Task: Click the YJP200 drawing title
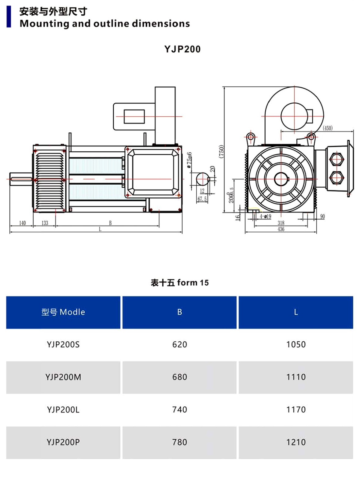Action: pyautogui.click(x=182, y=49)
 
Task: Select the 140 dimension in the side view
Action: pyautogui.click(x=22, y=223)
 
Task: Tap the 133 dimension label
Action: pyautogui.click(x=45, y=223)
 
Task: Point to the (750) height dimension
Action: pyautogui.click(x=222, y=151)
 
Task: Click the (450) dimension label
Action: pyautogui.click(x=328, y=128)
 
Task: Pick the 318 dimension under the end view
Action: pyautogui.click(x=281, y=223)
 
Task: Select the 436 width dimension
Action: pyautogui.click(x=281, y=229)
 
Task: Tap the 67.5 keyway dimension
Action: pyautogui.click(x=202, y=199)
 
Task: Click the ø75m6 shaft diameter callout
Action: pyautogui.click(x=189, y=160)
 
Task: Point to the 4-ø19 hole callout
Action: pyautogui.click(x=265, y=216)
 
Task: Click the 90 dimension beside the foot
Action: pyautogui.click(x=322, y=216)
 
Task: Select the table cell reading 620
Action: pyautogui.click(x=179, y=344)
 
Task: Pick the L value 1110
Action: pyautogui.click(x=296, y=377)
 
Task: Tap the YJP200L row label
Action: pyautogui.click(x=63, y=410)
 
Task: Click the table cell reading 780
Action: pyautogui.click(x=179, y=442)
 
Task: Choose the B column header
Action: pyautogui.click(x=179, y=312)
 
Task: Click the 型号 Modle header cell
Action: pyautogui.click(x=63, y=312)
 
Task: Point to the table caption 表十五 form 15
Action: pyautogui.click(x=180, y=283)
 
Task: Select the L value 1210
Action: pyautogui.click(x=296, y=442)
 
